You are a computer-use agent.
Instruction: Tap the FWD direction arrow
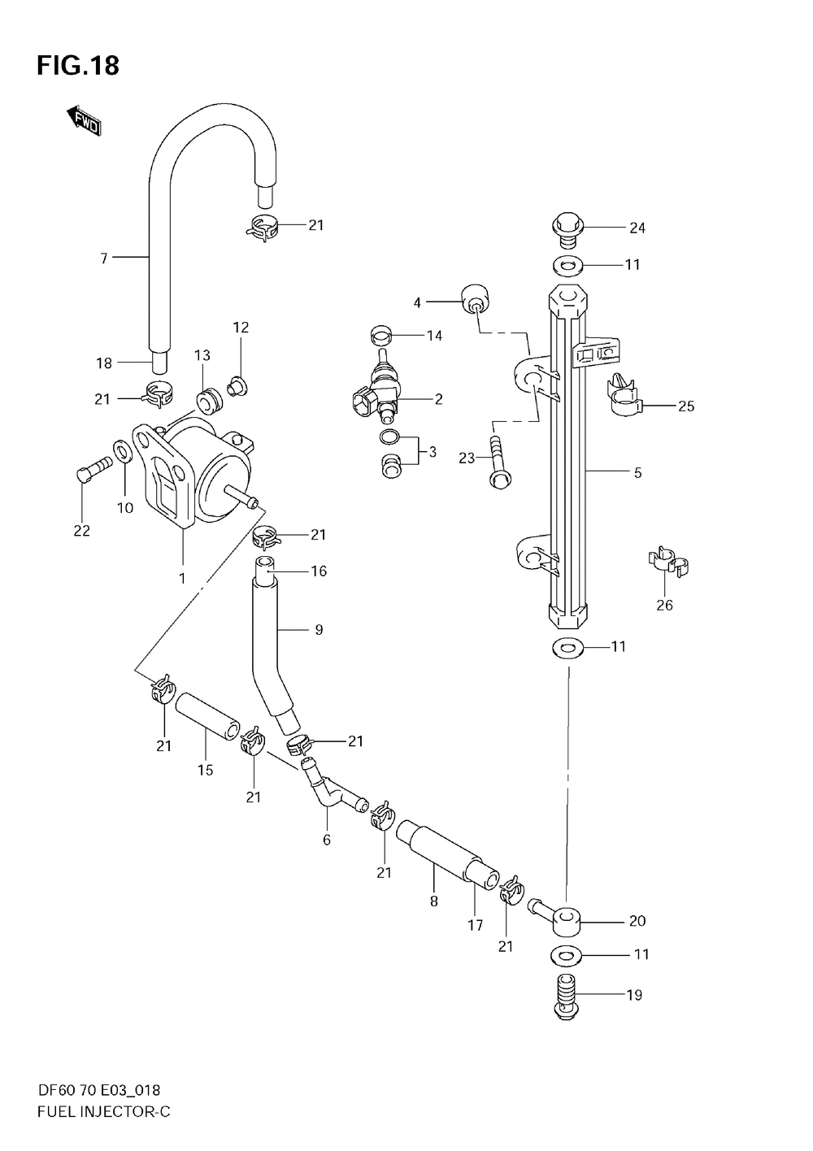pos(84,121)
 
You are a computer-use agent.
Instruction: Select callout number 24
pos(637,228)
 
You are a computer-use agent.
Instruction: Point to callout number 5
pos(637,473)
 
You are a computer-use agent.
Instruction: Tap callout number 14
pos(435,336)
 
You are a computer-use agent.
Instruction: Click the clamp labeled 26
pos(668,562)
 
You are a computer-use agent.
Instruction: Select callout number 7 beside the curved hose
pos(104,258)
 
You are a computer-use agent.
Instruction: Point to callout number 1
pos(182,579)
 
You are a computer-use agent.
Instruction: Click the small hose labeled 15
pos(207,715)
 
